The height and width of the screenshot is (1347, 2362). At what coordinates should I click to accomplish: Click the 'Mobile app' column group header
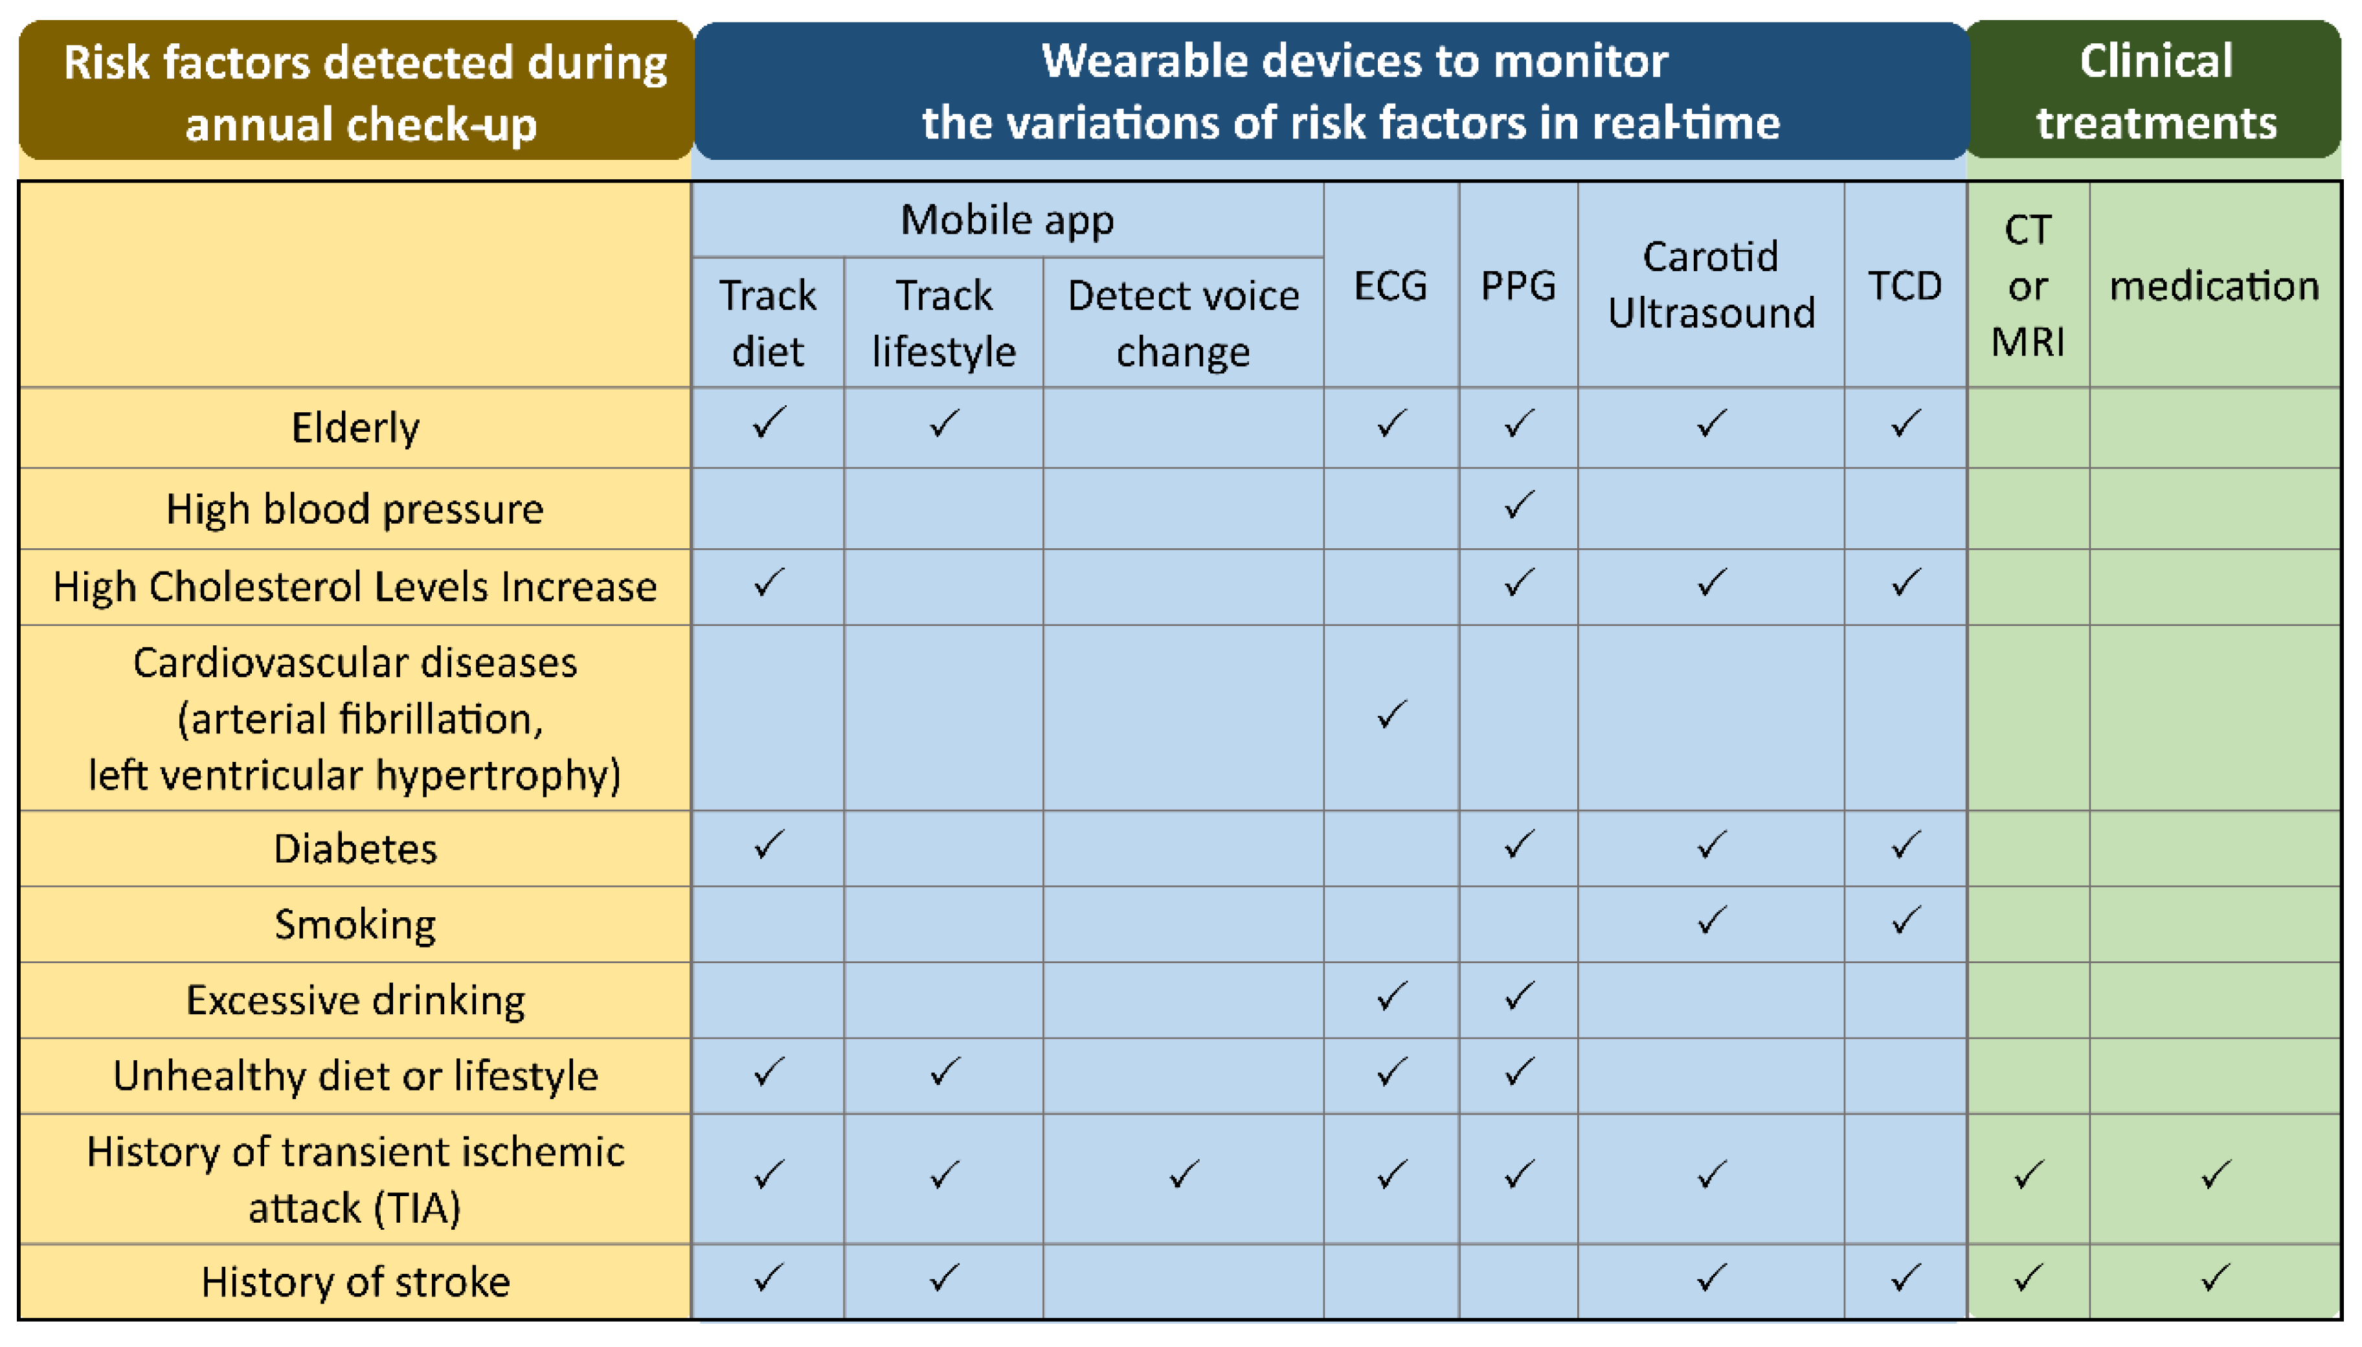coord(1007,220)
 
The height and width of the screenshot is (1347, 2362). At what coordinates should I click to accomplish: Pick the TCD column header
coord(1904,286)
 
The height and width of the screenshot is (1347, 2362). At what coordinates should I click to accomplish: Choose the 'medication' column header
coord(2214,286)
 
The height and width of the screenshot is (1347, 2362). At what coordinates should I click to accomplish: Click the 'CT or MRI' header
coord(2027,286)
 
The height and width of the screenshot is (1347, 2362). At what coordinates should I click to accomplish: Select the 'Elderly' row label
coord(355,427)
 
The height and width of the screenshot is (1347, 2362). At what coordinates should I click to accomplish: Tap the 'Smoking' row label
coord(355,924)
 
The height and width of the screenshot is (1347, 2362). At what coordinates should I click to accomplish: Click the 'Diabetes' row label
coord(355,849)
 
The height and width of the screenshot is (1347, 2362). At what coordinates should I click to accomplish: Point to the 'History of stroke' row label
coord(355,1282)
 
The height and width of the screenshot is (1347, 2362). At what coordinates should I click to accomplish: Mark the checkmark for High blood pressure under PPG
coord(1518,505)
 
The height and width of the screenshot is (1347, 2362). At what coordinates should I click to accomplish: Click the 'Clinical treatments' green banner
coord(2155,91)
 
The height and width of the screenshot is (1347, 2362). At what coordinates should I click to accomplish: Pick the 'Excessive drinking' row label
coord(355,1000)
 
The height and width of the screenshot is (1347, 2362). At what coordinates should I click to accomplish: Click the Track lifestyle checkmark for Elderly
coord(943,424)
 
